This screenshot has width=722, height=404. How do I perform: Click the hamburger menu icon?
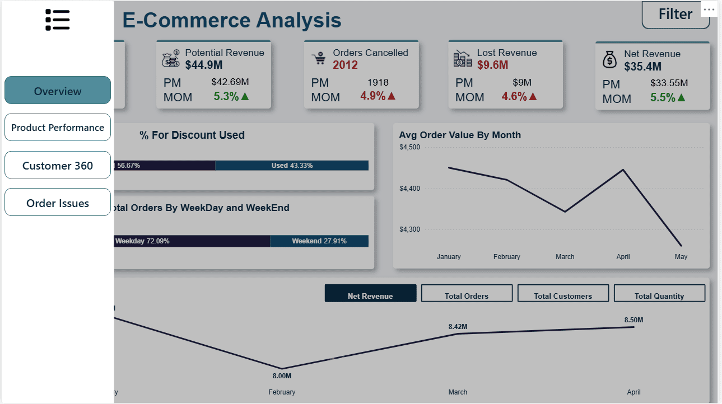coord(58,20)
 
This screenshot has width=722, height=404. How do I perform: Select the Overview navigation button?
coord(58,91)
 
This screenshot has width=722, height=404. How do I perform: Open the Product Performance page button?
coord(58,128)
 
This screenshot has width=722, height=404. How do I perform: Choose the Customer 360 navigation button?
coord(58,166)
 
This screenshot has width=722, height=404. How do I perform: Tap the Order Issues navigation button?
coord(58,203)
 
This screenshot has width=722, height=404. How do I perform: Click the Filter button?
coord(675,14)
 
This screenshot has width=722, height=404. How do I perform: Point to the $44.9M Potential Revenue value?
coord(204,65)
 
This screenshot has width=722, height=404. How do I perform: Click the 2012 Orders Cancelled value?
coord(345,65)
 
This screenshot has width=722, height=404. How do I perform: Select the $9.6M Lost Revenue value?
coord(493,65)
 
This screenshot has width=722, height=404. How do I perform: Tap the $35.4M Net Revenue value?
coord(643,67)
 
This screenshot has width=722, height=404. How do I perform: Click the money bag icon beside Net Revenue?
coord(609,59)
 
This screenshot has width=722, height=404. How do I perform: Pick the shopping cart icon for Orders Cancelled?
coord(319,58)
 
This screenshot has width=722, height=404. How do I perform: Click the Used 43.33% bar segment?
coord(292,166)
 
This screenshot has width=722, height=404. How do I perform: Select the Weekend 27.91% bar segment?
coord(319,241)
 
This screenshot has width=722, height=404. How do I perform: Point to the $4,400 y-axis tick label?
coord(409,189)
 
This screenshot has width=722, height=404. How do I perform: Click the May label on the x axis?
coord(681,257)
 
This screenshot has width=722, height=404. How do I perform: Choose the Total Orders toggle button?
coord(467,294)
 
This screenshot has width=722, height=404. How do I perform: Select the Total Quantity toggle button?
coord(659,294)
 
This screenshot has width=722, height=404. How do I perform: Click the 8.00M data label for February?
coord(282,376)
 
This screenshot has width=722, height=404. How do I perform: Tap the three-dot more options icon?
coord(709,10)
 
